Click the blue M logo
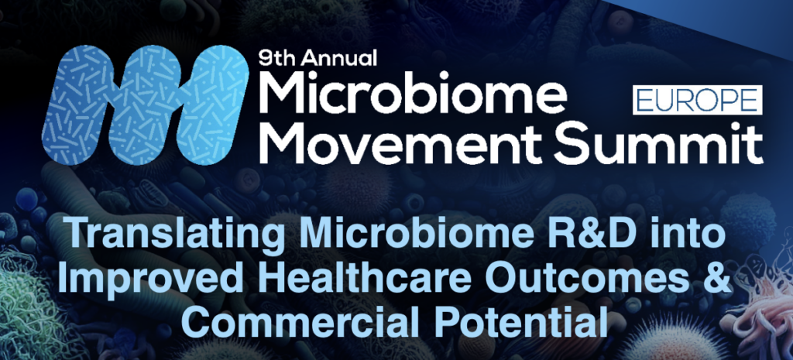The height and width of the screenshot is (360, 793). click(x=145, y=104)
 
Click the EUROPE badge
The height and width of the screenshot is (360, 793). click(x=698, y=100)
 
